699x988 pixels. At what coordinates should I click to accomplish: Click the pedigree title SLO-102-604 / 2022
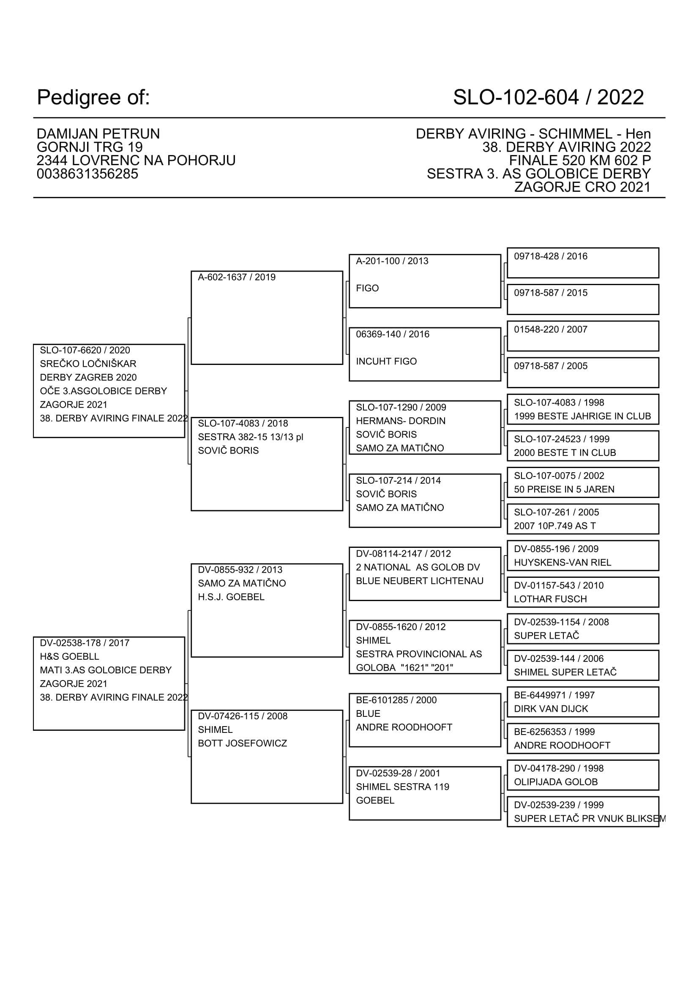[x=548, y=97]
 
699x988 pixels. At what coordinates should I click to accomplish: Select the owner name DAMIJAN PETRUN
[x=98, y=134]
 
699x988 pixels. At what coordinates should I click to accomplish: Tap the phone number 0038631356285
[x=87, y=174]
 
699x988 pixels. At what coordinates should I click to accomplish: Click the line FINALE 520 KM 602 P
[x=579, y=161]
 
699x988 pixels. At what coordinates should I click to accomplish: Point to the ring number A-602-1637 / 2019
[x=236, y=277]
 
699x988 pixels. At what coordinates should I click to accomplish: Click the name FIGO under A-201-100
[x=367, y=289]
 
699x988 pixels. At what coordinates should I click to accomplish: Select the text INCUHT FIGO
[x=386, y=362]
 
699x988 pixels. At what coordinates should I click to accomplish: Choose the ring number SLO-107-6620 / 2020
[x=85, y=350]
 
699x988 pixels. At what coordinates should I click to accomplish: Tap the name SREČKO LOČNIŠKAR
[x=88, y=364]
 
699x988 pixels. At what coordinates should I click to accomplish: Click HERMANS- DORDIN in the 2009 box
[x=400, y=421]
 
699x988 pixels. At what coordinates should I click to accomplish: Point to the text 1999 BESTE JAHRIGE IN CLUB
[x=582, y=416]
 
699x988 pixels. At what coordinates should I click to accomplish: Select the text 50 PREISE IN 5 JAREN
[x=564, y=489]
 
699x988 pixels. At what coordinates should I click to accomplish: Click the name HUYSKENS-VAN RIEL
[x=562, y=562]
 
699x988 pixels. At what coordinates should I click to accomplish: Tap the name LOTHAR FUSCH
[x=550, y=599]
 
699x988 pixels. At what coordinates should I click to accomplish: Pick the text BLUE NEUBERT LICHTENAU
[x=419, y=581]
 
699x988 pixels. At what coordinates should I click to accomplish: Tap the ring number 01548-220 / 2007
[x=550, y=329]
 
